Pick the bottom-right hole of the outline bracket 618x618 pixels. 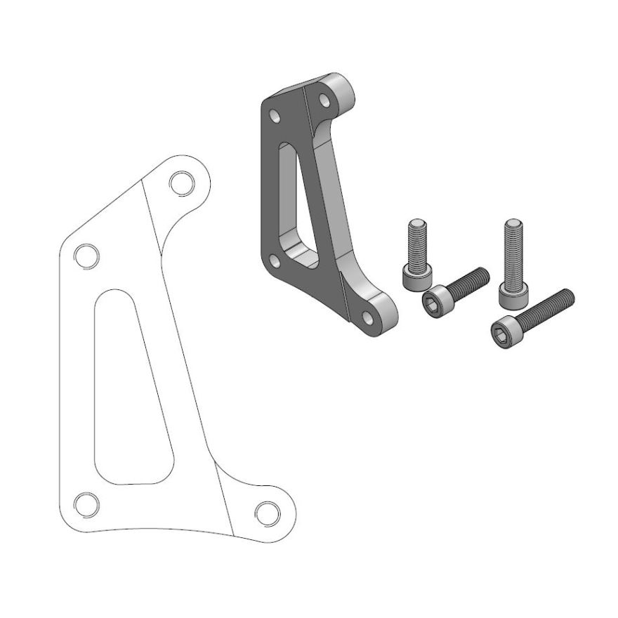tap(267, 512)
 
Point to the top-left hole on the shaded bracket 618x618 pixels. tap(275, 114)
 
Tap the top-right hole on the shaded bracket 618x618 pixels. tap(324, 99)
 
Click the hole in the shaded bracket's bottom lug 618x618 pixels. tap(367, 316)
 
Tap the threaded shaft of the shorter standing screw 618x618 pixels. tap(416, 239)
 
